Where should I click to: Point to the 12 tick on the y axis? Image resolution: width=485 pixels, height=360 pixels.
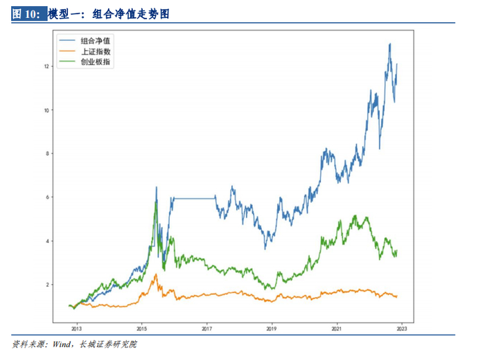[46, 66]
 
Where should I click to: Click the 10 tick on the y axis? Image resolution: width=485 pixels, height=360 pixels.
[46, 110]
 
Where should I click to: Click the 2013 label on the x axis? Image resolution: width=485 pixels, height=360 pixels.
[76, 329]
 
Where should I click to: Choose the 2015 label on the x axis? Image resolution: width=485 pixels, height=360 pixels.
[141, 329]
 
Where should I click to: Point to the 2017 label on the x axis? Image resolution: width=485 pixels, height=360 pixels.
[206, 329]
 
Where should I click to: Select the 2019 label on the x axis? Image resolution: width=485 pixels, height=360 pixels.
[272, 329]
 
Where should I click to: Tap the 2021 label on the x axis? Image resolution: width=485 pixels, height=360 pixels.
[337, 329]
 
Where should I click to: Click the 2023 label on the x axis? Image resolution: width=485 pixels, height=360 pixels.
[402, 329]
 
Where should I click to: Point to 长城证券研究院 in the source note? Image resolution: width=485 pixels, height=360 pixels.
[108, 344]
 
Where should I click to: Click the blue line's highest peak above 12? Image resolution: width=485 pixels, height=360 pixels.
[390, 44]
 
